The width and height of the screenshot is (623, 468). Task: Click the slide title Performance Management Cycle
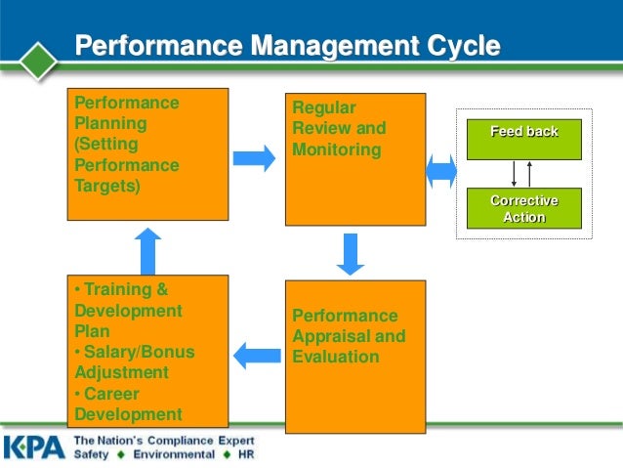(x=288, y=47)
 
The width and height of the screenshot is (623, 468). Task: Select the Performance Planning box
(x=147, y=154)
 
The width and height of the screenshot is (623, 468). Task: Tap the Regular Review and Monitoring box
(x=354, y=159)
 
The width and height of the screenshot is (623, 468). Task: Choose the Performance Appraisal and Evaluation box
(x=354, y=356)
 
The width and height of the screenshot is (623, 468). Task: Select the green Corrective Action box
(x=523, y=208)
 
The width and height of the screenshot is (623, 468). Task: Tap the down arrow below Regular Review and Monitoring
(x=350, y=254)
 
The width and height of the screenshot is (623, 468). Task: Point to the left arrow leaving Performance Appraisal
(x=256, y=354)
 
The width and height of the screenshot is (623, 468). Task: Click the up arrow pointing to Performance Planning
(x=147, y=251)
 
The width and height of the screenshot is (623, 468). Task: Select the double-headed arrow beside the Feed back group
(x=441, y=171)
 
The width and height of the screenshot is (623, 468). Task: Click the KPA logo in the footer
(x=34, y=447)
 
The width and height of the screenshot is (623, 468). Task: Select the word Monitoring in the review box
(x=336, y=149)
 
